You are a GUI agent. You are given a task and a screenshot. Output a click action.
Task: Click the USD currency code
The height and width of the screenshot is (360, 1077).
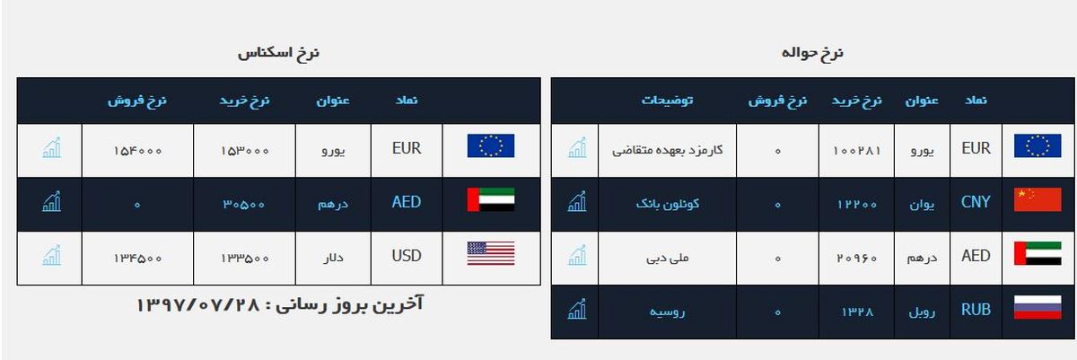pos(407,256)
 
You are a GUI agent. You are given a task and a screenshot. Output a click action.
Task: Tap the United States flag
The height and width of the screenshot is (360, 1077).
pos(490,254)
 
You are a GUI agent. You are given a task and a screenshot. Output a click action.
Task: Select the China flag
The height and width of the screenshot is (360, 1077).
pos(1038,201)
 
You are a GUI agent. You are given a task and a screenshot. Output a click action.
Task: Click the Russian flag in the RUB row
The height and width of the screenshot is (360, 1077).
pos(1038,310)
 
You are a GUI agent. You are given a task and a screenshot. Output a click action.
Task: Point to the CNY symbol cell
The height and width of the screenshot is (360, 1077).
pos(976,202)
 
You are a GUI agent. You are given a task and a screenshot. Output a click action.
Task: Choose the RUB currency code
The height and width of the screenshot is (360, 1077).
pos(976,311)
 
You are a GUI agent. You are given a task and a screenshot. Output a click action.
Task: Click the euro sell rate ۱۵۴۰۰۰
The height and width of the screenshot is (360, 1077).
pos(136,150)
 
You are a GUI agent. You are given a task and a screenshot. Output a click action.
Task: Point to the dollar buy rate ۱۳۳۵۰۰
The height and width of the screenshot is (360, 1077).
pos(246,258)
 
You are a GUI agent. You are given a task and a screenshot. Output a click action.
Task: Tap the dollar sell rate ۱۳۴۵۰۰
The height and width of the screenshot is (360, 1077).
pos(136,258)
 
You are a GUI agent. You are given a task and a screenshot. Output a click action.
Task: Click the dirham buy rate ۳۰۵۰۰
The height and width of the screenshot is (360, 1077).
pos(246,204)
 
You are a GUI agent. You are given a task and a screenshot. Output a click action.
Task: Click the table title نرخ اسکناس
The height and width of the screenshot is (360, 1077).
pos(278,54)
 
